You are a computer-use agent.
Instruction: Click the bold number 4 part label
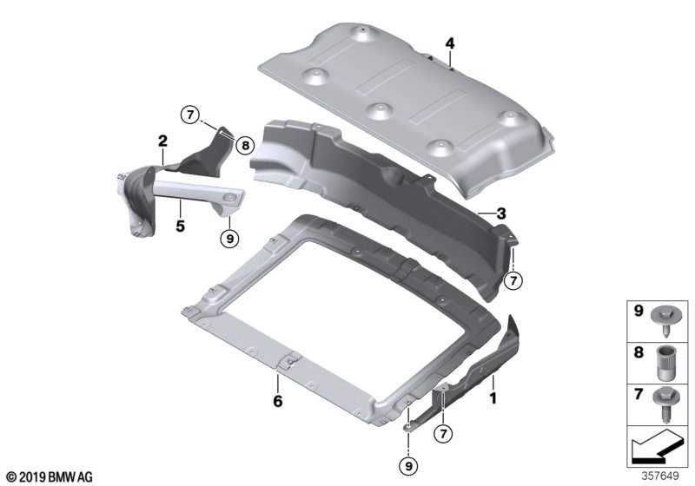click(450, 43)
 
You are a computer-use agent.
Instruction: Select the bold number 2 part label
click(162, 141)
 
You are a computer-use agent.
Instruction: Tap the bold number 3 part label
click(501, 213)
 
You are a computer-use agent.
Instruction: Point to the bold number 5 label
click(180, 227)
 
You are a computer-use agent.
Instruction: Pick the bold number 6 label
click(277, 402)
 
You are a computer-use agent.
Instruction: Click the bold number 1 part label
click(493, 398)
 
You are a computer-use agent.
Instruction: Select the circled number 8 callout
click(245, 145)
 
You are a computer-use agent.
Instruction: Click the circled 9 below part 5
click(229, 239)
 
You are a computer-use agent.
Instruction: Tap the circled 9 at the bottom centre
click(408, 466)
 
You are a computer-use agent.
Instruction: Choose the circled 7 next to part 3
click(513, 281)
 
